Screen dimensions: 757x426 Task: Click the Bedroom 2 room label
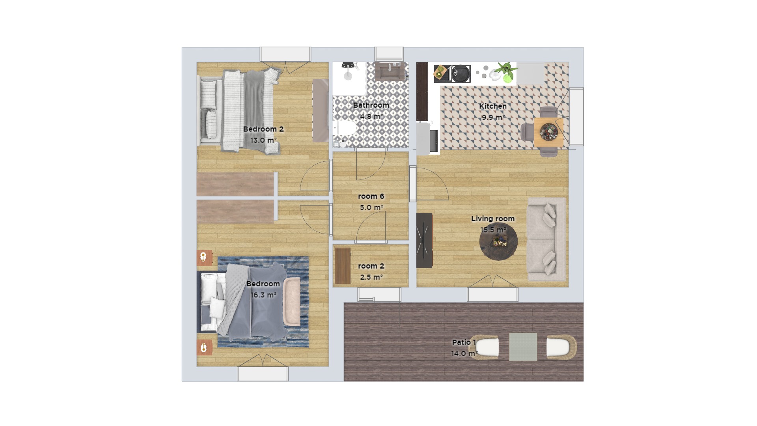[x=263, y=129]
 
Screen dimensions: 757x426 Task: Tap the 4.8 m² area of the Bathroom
[x=371, y=116]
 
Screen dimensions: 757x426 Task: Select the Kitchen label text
[x=493, y=106]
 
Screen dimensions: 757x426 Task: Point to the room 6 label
[x=371, y=196]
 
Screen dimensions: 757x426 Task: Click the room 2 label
[x=371, y=266]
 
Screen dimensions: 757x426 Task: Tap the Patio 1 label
[x=464, y=342]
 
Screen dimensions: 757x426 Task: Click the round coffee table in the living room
[x=498, y=241]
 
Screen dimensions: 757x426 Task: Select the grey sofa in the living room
[x=546, y=239]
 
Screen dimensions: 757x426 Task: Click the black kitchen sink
[x=460, y=74]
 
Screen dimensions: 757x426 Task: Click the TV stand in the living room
[x=425, y=240]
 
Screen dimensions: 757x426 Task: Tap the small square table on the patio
[x=523, y=347]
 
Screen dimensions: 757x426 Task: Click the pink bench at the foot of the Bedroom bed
[x=292, y=302]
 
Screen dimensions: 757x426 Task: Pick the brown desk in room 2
[x=343, y=266]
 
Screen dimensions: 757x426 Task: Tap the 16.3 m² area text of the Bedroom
[x=263, y=295]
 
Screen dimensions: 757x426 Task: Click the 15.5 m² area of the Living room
[x=493, y=230]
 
